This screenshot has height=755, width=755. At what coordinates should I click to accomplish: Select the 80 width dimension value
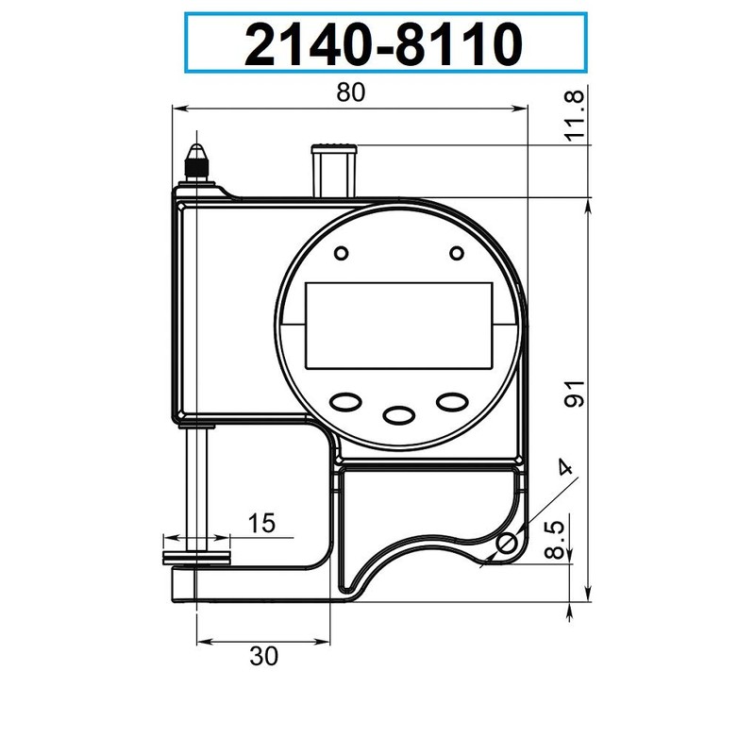(349, 92)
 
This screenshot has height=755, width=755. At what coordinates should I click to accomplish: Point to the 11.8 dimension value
(575, 116)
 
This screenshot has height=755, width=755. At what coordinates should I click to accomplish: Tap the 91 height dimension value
(575, 396)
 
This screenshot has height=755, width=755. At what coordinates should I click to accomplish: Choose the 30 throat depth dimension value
(264, 657)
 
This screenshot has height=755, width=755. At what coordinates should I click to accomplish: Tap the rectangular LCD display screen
(401, 326)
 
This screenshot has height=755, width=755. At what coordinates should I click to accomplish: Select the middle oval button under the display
(400, 414)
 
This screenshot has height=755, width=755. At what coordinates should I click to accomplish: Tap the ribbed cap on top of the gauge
(334, 145)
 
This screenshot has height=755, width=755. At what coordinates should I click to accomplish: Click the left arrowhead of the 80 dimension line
(176, 109)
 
